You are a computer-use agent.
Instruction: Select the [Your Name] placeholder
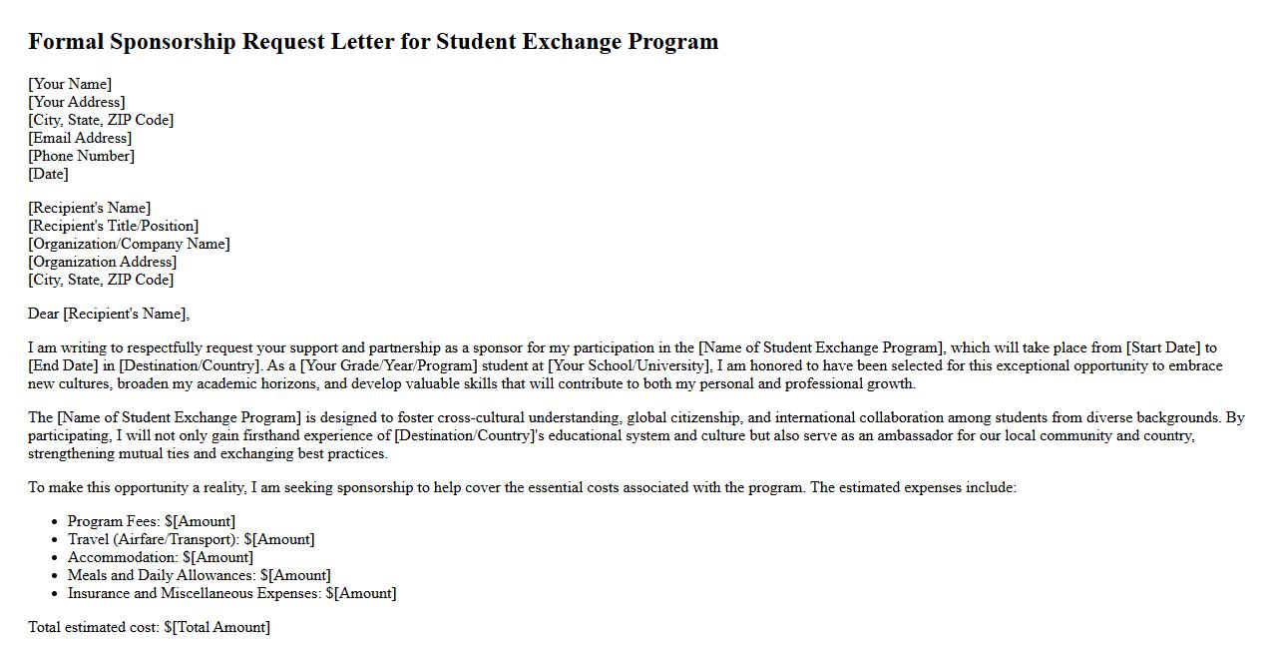[x=70, y=84]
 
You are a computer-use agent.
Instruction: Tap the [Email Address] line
[x=80, y=138]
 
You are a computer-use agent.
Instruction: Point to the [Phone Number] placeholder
[x=81, y=156]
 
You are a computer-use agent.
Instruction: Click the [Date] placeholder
[x=48, y=174]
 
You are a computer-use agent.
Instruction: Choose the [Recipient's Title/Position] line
[x=113, y=226]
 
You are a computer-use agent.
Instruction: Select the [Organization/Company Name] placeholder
[x=129, y=244]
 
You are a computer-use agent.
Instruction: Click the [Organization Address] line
[x=102, y=262]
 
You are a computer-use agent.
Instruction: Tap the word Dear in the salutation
[x=44, y=314]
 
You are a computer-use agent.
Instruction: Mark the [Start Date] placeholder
[x=1163, y=347]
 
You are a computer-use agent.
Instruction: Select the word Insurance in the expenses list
[x=98, y=593]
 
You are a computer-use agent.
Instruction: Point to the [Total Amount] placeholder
[x=220, y=627]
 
